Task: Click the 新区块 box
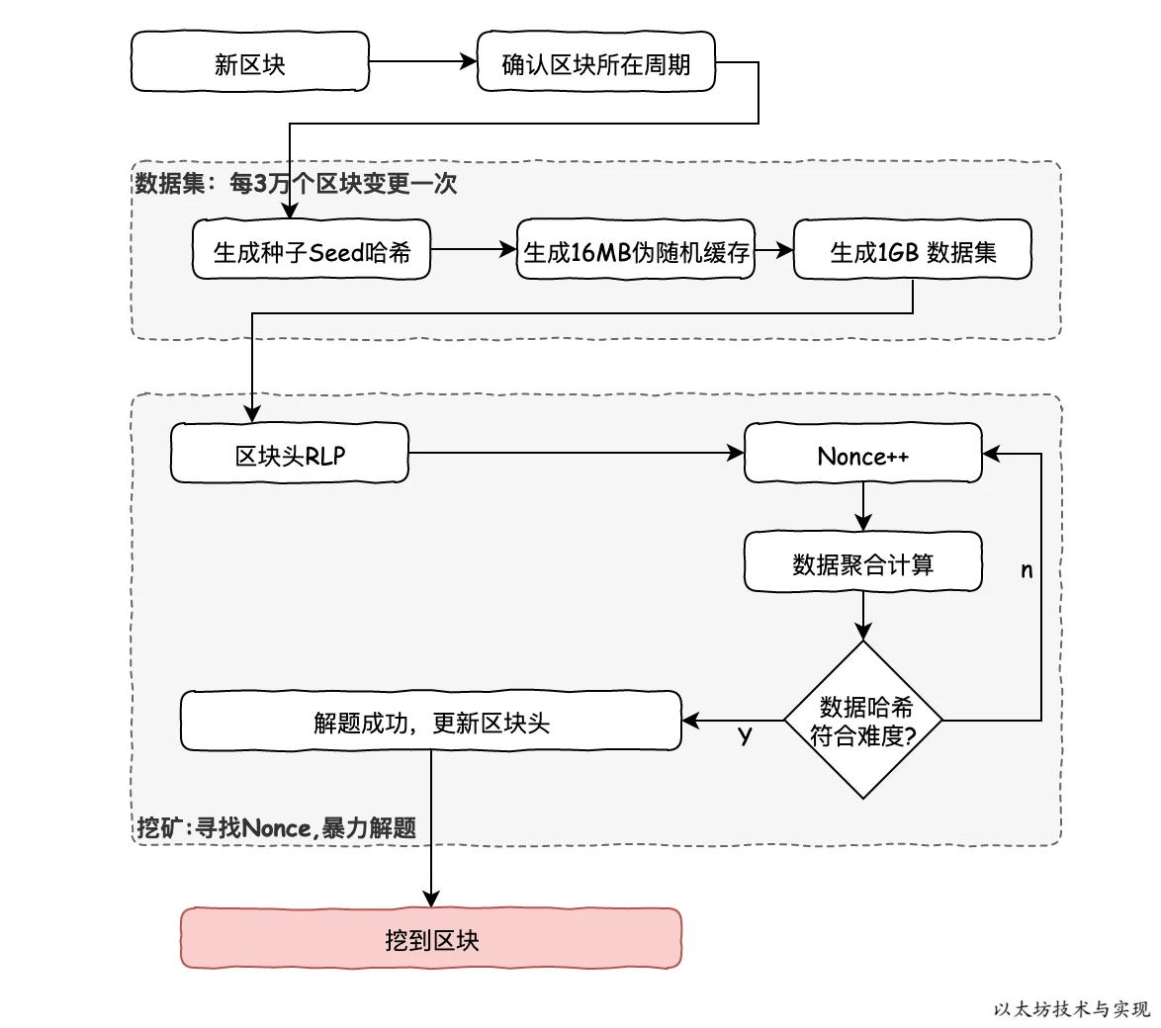click(250, 62)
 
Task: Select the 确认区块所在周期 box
click(595, 62)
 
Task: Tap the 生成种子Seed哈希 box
click(312, 250)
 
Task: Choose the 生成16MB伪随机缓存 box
click(635, 250)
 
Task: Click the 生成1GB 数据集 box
click(912, 250)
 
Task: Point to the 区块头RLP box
click(289, 454)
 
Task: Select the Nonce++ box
click(862, 454)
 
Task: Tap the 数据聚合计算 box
click(862, 562)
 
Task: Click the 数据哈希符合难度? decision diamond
click(862, 720)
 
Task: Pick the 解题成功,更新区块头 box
click(431, 721)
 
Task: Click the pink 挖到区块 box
click(431, 938)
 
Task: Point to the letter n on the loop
click(1027, 570)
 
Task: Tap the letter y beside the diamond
click(746, 735)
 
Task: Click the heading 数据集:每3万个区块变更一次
click(296, 184)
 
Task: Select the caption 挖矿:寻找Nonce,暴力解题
click(277, 827)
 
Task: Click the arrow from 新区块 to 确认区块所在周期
click(422, 62)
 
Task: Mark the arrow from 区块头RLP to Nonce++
click(574, 454)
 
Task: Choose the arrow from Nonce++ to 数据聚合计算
click(862, 507)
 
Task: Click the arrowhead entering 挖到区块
click(431, 899)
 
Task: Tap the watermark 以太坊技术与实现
click(1072, 1009)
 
